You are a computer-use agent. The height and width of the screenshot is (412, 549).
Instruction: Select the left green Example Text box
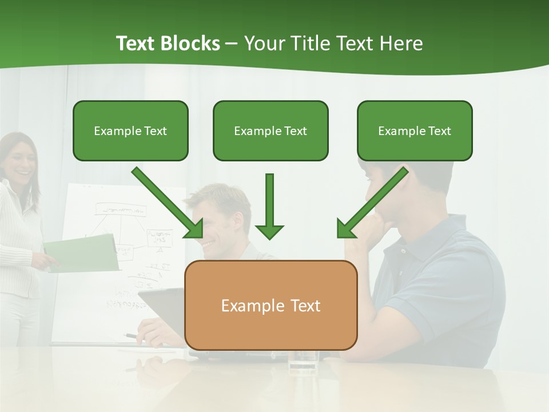pyautogui.click(x=130, y=130)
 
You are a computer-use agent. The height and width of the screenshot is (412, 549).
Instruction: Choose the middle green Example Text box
pyautogui.click(x=270, y=130)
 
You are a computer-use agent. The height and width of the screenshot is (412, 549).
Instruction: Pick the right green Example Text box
pyautogui.click(x=415, y=130)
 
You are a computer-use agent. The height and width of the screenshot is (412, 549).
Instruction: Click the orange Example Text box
pyautogui.click(x=270, y=305)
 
